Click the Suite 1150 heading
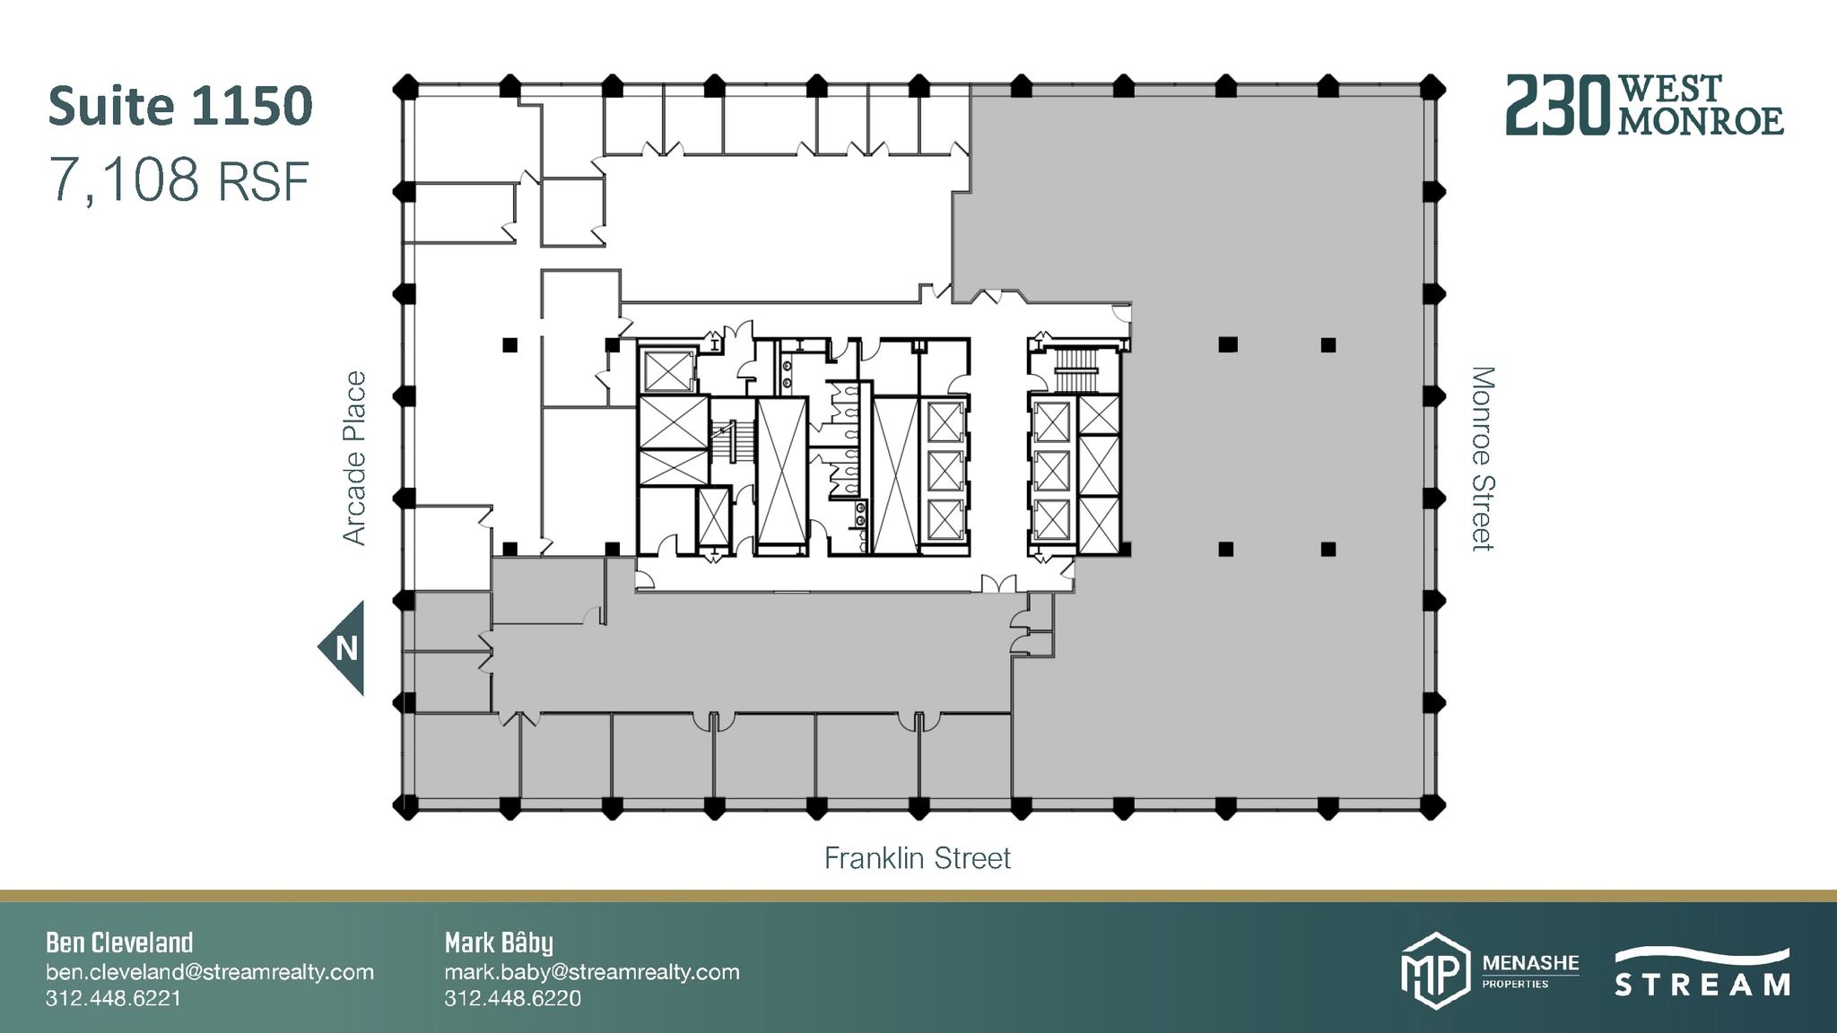180,106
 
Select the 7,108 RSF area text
179,179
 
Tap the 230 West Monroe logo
1644,106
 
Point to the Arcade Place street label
355,458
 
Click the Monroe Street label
1483,458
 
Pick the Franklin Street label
917,859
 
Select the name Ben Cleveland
119,942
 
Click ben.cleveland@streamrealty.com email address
210,972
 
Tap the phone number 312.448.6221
113,999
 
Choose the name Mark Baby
499,942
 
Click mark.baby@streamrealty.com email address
592,972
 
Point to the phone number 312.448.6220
512,999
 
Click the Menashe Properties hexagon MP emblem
1435,971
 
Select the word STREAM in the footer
1702,985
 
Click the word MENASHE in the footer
1530,964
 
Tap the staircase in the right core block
1075,369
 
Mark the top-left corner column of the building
406,88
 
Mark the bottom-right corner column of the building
1432,806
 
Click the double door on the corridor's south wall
998,585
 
